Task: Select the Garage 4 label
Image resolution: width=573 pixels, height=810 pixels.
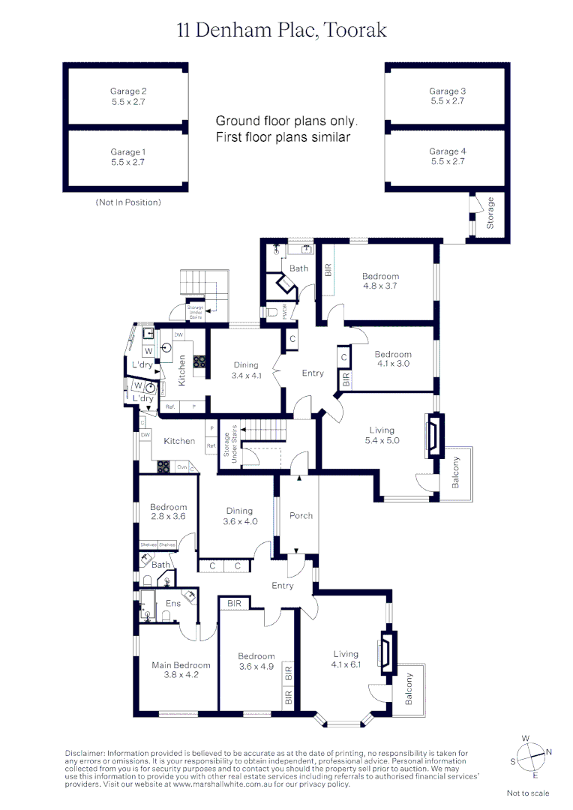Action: click(447, 156)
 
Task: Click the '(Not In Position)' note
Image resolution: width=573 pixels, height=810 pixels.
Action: click(127, 202)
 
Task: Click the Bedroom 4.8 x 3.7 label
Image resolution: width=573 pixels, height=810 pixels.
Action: click(381, 280)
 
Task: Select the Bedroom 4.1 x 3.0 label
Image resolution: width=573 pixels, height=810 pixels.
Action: click(393, 358)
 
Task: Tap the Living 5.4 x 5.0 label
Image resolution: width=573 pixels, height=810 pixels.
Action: click(382, 435)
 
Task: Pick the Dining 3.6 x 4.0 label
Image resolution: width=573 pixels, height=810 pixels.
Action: click(239, 516)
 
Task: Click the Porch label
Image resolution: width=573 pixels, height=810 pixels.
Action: click(301, 515)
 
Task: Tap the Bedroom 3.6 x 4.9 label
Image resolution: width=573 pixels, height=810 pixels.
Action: click(256, 661)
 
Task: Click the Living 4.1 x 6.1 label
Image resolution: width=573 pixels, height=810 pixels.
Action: click(346, 658)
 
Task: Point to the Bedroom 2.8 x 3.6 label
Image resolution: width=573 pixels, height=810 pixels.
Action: click(168, 511)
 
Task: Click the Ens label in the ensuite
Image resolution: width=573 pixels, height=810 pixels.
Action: click(173, 603)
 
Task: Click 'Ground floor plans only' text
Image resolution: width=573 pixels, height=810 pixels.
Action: click(287, 121)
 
